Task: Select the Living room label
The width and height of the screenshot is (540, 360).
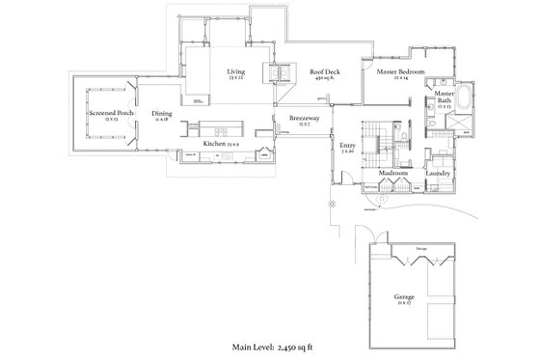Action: click(x=235, y=71)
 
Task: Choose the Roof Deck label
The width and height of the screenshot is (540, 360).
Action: click(x=323, y=71)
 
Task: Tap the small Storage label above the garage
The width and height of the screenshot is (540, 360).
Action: click(x=420, y=248)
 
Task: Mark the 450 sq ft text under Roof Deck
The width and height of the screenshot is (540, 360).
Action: click(x=323, y=79)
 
